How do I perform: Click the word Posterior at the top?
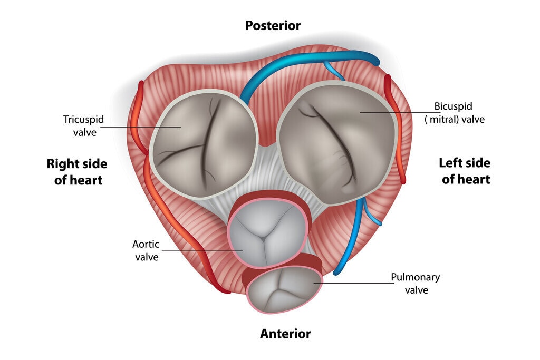pyautogui.click(x=273, y=25)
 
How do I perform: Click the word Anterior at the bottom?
pyautogui.click(x=285, y=334)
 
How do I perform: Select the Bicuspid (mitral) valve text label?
pyautogui.click(x=454, y=113)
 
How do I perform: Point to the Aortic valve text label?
pyautogui.click(x=146, y=250)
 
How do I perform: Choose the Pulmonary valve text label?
pyautogui.click(x=416, y=283)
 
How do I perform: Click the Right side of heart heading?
pyautogui.click(x=77, y=171)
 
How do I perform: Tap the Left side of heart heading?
pyautogui.click(x=465, y=171)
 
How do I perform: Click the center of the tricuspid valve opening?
pyautogui.click(x=204, y=142)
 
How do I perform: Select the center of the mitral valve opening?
pyautogui.click(x=337, y=142)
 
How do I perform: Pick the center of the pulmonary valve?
pyautogui.click(x=285, y=289)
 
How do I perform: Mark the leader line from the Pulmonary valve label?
pyautogui.click(x=353, y=284)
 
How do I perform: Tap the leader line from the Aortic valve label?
pyautogui.click(x=200, y=251)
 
